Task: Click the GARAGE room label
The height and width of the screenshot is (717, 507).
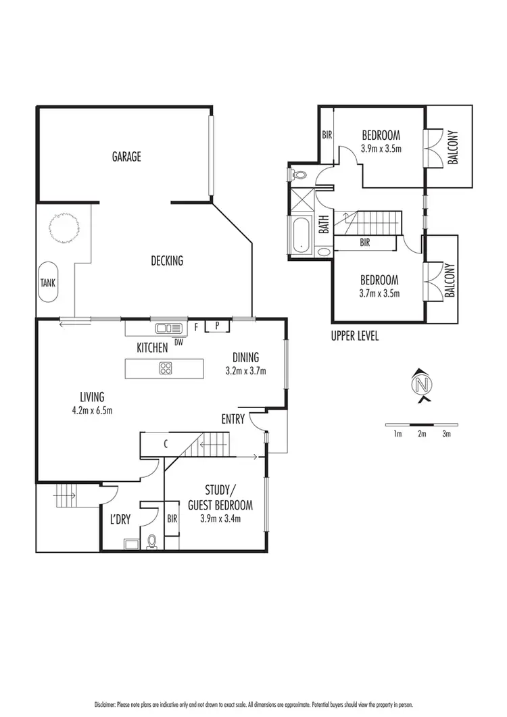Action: click(x=126, y=157)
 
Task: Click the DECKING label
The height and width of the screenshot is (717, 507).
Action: click(x=166, y=261)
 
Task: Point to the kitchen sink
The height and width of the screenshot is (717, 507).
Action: click(x=165, y=328)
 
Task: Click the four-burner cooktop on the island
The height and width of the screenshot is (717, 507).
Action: click(x=166, y=368)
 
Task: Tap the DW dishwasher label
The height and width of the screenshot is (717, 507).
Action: click(x=178, y=341)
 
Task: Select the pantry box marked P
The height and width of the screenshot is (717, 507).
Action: click(x=218, y=326)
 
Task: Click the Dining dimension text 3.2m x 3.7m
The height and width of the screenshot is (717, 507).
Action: click(x=246, y=370)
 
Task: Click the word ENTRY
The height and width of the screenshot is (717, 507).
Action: click(x=233, y=420)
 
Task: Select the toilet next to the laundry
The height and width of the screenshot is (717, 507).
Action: click(x=152, y=542)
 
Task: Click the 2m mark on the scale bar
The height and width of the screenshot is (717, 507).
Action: click(x=422, y=434)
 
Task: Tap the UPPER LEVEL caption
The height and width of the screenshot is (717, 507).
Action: click(x=355, y=336)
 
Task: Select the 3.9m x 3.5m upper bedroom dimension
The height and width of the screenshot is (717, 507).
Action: click(x=381, y=147)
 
